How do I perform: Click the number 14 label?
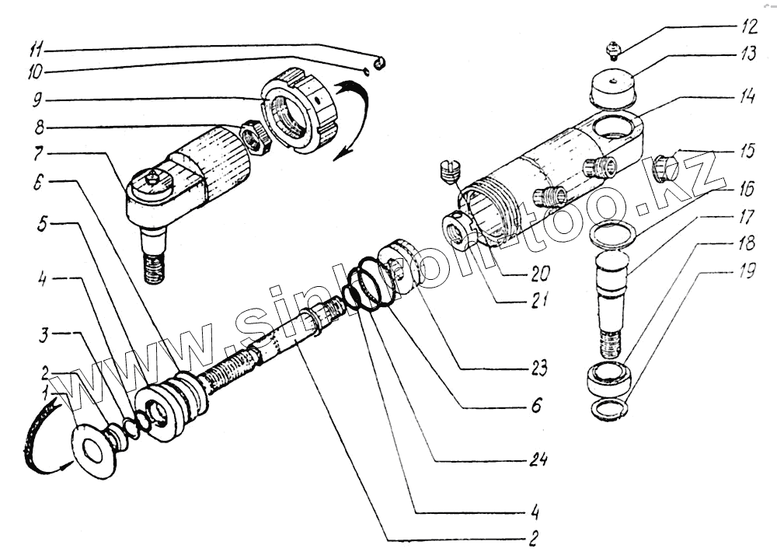pos(747,99)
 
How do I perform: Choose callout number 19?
pos(747,275)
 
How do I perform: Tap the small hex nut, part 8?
pos(254,138)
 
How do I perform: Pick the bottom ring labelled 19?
pos(610,409)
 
